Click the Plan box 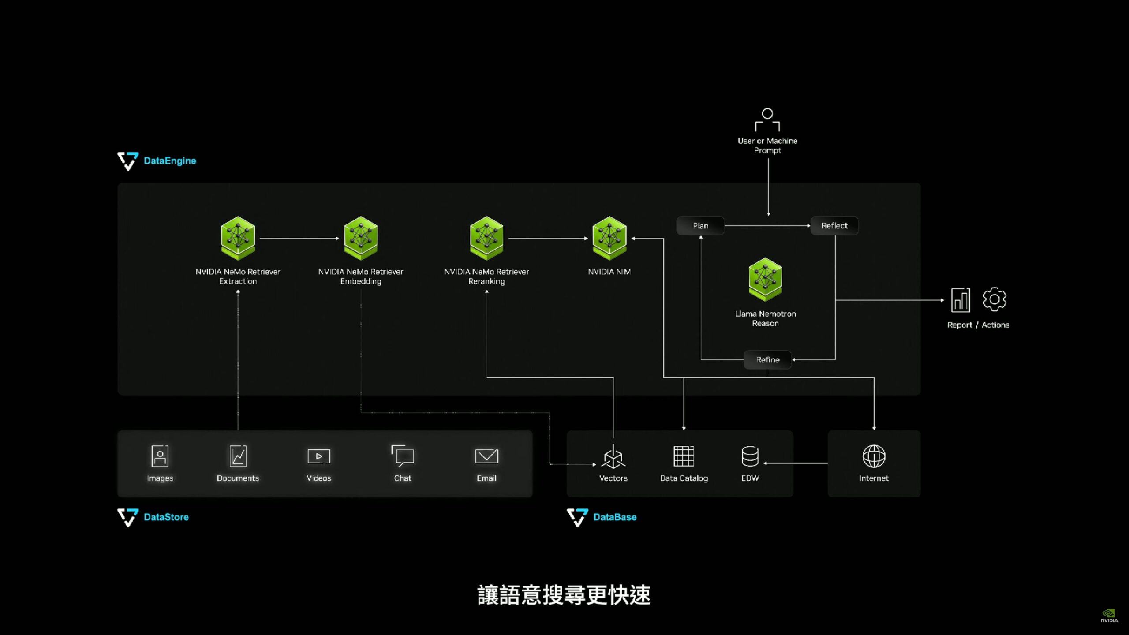pos(700,226)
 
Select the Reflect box pos(834,226)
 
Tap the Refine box pos(767,360)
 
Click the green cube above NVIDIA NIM pos(609,238)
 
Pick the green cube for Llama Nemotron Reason pos(765,279)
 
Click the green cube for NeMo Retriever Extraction pos(238,238)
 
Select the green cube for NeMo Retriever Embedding pos(361,238)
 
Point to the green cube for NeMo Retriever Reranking pos(486,238)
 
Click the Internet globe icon pos(874,456)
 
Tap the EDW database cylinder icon pos(750,456)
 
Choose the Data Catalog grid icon pos(684,456)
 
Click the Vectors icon pos(613,457)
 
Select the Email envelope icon pos(486,456)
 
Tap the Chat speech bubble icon pos(403,456)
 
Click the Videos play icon pos(318,456)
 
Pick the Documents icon pos(238,456)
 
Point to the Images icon pos(160,456)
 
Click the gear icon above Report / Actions pos(994,300)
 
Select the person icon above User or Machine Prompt pos(767,120)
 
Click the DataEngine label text pos(170,161)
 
